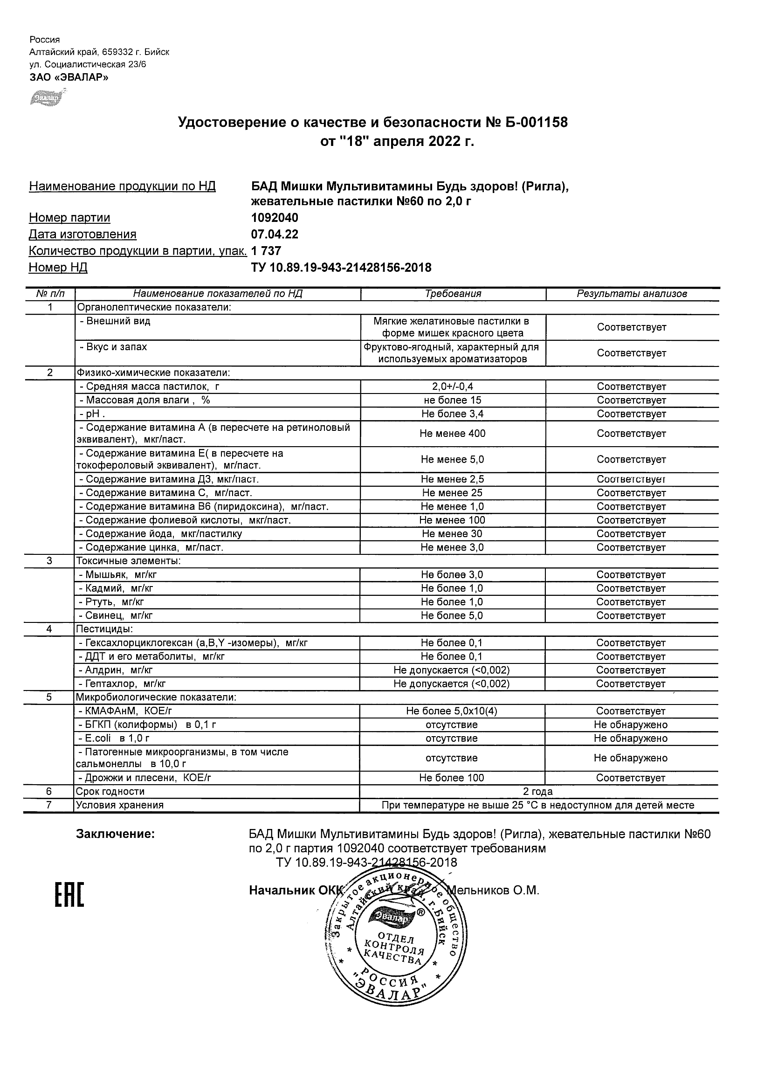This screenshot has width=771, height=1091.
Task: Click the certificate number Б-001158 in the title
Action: pos(537,123)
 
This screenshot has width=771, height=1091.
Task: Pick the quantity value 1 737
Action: pos(266,251)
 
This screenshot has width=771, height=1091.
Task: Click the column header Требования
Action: pos(453,294)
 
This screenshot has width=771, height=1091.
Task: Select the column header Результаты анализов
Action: pos(631,294)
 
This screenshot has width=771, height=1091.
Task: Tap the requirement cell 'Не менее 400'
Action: pos(452,433)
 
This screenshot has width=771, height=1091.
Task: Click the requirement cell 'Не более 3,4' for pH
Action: pos(452,414)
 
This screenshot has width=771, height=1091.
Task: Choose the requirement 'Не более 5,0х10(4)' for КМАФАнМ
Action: pos(451,711)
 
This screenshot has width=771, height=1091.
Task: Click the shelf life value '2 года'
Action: pos(538,791)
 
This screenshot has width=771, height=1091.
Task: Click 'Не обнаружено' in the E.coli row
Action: pos(630,738)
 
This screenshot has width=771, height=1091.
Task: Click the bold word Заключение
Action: pos(116,834)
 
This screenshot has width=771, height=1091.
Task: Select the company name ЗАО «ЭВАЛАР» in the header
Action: pos(69,77)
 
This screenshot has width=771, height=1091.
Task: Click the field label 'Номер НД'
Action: pos(58,268)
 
